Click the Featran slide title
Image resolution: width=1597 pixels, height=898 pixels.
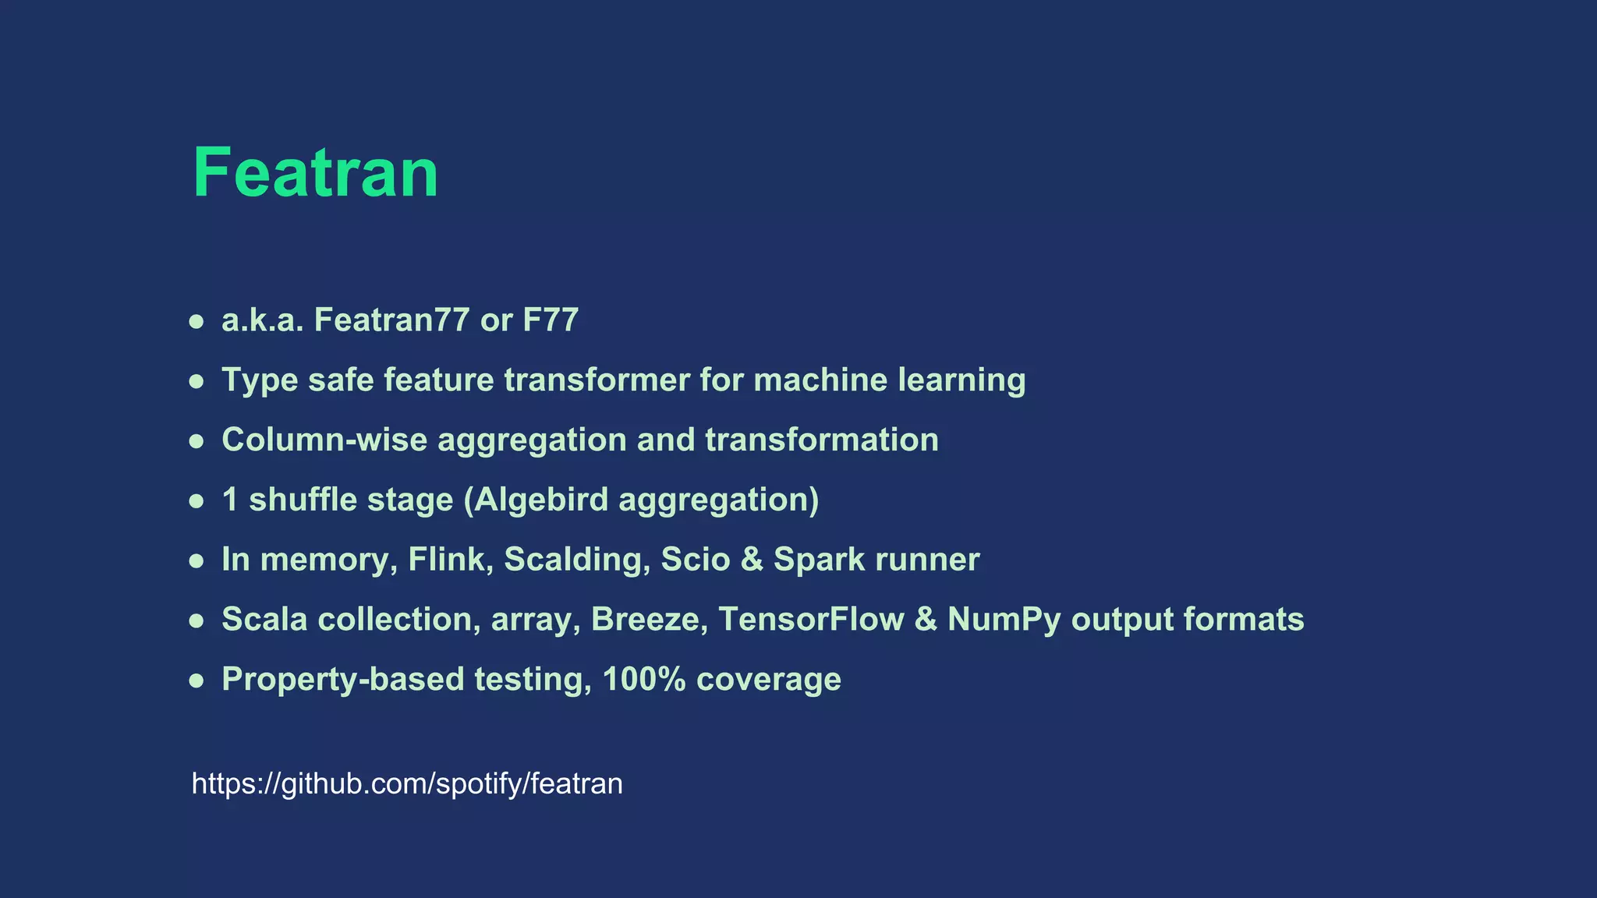(315, 172)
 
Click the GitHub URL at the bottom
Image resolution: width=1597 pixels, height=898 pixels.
(407, 783)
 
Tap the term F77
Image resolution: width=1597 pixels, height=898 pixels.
(551, 320)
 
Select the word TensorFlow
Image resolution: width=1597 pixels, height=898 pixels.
(811, 620)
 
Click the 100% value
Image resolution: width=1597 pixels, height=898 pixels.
(644, 679)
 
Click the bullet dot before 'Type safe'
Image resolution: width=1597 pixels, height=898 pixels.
(197, 381)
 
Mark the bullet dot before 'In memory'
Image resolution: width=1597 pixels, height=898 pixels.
(197, 560)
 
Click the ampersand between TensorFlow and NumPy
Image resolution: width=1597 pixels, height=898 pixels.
(926, 620)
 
